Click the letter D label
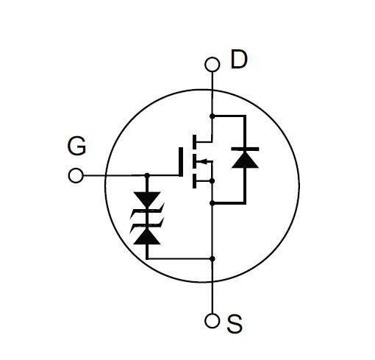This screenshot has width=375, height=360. [x=239, y=59]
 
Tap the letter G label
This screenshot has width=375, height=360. [x=76, y=146]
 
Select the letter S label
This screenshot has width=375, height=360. [x=235, y=324]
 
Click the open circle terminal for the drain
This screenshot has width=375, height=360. [x=213, y=64]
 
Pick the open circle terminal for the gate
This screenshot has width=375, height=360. [x=76, y=175]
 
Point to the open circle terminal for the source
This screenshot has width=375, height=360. [x=212, y=320]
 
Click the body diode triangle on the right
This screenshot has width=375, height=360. [x=245, y=160]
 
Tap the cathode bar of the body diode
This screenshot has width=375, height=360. [x=245, y=149]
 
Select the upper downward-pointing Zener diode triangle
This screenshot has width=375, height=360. [x=147, y=200]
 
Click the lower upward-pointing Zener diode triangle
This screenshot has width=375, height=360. [x=147, y=236]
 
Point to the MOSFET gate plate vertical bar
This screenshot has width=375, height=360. [x=181, y=162]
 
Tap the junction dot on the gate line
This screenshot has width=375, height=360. [x=147, y=175]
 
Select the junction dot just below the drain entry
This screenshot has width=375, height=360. [x=213, y=116]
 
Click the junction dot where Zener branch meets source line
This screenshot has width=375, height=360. [x=213, y=258]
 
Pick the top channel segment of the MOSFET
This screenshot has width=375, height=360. [x=194, y=142]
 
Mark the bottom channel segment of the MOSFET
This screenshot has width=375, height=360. [x=194, y=181]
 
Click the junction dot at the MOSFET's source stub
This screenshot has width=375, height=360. [x=213, y=181]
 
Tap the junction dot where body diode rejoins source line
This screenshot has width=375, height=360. [x=213, y=203]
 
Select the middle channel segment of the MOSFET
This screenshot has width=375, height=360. [x=194, y=161]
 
